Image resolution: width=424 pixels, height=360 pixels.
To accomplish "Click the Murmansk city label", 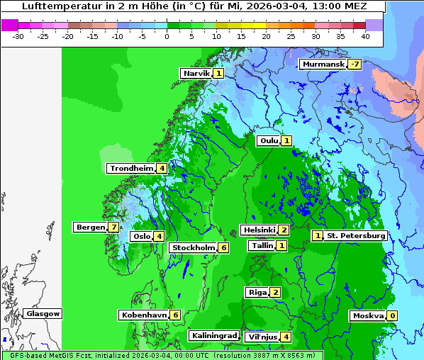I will click(323, 64).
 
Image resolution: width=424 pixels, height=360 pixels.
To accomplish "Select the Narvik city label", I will click(196, 73).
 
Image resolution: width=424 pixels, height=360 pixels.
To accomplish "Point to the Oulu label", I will click(269, 140).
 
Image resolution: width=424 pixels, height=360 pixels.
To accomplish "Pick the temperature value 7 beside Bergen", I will click(113, 227).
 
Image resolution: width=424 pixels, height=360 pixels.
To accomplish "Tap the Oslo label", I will click(142, 237).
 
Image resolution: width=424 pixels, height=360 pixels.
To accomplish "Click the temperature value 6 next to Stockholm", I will click(223, 247).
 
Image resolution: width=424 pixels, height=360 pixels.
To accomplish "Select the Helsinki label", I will click(259, 230).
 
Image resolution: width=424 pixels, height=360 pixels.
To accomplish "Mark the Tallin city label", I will click(262, 245).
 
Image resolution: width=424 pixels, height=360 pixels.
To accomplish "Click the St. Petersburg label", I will click(356, 235).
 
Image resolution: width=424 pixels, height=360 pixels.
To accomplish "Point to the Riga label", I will click(257, 292).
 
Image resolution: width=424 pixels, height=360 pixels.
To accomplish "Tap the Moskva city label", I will click(368, 315).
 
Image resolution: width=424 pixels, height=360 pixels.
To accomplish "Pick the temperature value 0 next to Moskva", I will click(391, 315).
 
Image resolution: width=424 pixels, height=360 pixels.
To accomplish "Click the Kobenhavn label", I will click(144, 315).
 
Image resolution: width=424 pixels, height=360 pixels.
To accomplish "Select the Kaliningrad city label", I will click(213, 335).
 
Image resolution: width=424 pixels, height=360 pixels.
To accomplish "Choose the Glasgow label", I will click(43, 313).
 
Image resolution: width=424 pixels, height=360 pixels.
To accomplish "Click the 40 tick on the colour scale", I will click(365, 35).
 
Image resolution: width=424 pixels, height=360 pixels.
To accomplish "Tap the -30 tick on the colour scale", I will click(18, 35).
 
